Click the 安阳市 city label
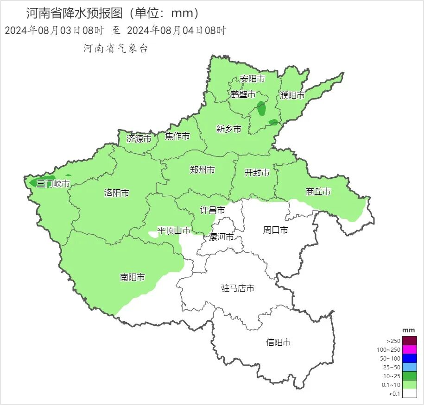coord(253,79)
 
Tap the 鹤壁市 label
coord(243,94)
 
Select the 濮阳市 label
coord(292,95)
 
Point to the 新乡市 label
coord(229,129)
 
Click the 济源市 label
coord(139,138)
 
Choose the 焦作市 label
coord(177,136)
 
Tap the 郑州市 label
coord(203,170)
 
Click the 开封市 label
coord(257,173)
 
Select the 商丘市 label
coord(318,191)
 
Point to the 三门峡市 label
coord(53,184)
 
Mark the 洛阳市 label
coord(117,193)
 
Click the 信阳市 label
coord(278,343)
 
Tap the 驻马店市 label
coord(238,288)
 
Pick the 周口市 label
coord(276,230)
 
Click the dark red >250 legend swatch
coord(410,341)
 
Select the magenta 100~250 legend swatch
coord(410,349)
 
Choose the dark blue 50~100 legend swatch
coord(410,358)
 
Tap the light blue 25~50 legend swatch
coord(410,367)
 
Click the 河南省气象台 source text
coord(116,49)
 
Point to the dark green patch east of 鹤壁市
coord(261,108)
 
